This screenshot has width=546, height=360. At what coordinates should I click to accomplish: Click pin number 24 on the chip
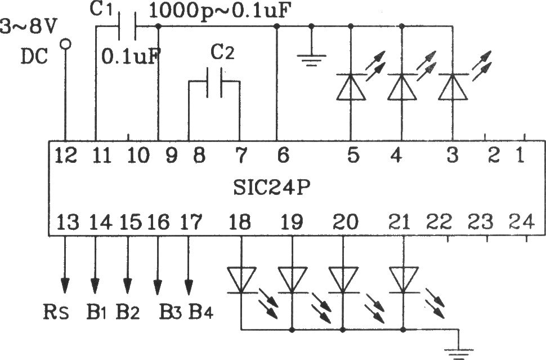click(521, 222)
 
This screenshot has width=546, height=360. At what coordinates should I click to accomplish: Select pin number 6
click(283, 155)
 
